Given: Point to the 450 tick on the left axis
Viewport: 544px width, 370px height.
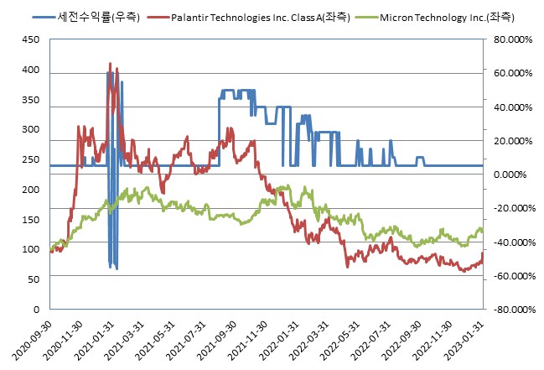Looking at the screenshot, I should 30,39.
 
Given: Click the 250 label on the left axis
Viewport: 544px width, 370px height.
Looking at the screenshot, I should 30,159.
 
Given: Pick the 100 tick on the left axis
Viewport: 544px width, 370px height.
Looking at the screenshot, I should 30,249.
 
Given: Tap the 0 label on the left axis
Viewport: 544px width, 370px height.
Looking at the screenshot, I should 36,310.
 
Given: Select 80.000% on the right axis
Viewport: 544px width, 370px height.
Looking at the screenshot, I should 512,39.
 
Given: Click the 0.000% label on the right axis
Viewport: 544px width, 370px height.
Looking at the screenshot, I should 514,175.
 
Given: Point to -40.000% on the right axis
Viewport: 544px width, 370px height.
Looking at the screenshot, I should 512,242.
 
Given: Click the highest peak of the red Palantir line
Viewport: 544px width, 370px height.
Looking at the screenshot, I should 110,64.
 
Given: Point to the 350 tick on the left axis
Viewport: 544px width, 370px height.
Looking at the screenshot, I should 30,100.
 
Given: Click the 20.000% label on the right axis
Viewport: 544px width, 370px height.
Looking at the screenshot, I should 514,141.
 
